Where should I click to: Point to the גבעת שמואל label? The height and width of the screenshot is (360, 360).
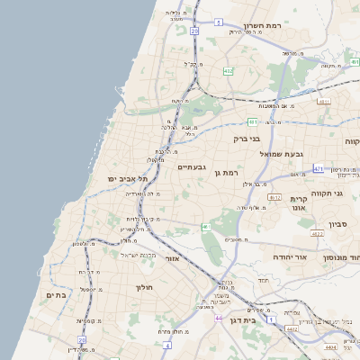[286, 154]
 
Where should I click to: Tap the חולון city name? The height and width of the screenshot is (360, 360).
[145, 287]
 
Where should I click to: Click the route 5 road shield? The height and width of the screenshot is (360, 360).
[218, 20]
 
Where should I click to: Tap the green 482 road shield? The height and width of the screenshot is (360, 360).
[229, 70]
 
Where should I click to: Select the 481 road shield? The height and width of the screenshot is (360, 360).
[254, 121]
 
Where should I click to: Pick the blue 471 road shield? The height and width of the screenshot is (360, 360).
[319, 167]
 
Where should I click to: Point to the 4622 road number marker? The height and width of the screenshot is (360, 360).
[317, 233]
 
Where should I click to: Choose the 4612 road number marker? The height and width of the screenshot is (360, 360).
[275, 197]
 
